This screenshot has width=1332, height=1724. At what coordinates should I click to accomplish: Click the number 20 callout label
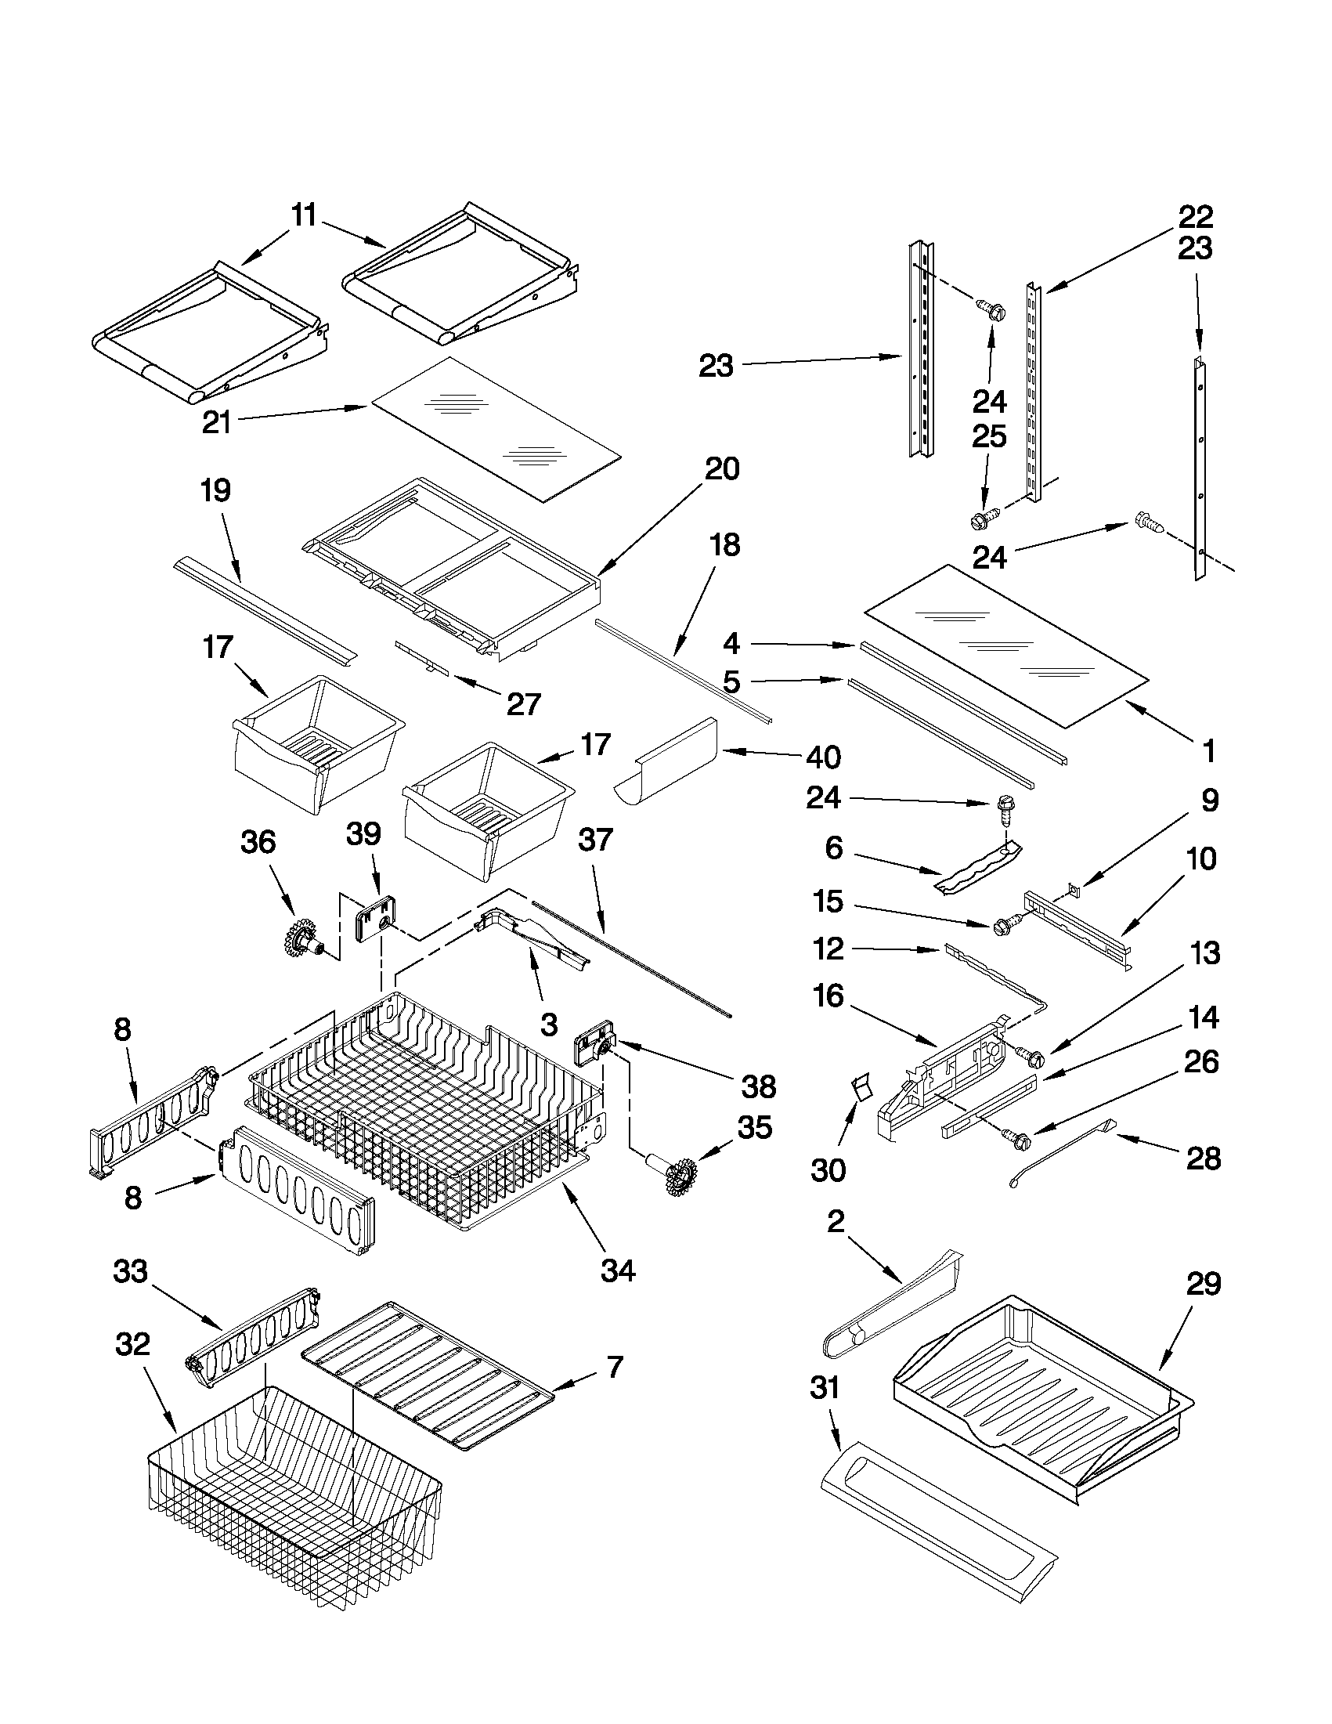tap(722, 470)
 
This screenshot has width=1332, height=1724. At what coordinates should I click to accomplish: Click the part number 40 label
tap(823, 757)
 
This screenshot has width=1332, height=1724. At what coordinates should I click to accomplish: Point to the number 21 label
tap(216, 423)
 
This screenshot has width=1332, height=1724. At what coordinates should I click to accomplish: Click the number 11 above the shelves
tap(304, 215)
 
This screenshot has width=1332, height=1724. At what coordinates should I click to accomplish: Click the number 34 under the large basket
tap(617, 1271)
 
